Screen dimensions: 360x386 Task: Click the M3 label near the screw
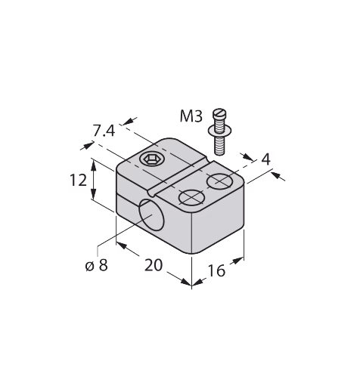(191, 116)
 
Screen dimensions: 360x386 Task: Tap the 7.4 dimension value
(104, 131)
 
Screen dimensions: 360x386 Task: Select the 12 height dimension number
(78, 181)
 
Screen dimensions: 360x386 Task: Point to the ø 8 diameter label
(97, 265)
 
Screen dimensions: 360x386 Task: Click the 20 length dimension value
(154, 265)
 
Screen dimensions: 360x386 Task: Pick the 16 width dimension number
(216, 270)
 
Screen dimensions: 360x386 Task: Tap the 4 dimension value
(266, 159)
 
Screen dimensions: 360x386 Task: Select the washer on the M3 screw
(219, 131)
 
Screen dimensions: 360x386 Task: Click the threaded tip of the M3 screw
(219, 148)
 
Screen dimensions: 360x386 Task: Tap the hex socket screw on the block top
(151, 159)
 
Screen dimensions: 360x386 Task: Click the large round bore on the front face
(151, 215)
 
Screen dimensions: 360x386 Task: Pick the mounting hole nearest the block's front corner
(191, 197)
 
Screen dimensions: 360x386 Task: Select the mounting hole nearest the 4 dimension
(220, 181)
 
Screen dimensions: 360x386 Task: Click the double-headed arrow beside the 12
(94, 181)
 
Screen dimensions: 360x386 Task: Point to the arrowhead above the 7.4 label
(129, 121)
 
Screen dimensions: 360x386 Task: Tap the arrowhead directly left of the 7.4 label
(87, 146)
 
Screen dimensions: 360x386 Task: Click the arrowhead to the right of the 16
(237, 261)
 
